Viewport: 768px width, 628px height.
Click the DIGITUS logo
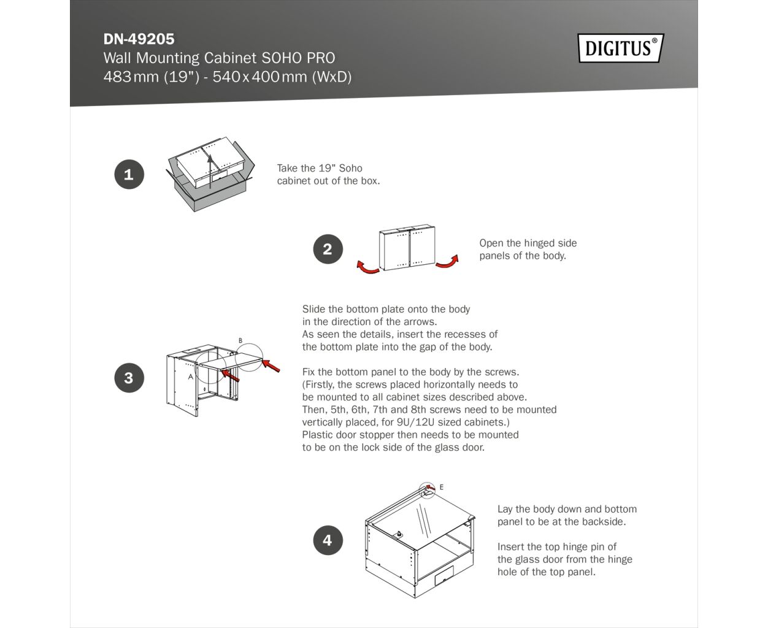coord(621,48)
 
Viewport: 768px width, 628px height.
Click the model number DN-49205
coord(139,39)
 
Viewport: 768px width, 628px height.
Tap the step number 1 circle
coord(129,174)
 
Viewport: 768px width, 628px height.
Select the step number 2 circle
coord(328,249)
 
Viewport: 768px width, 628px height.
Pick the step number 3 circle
coord(129,378)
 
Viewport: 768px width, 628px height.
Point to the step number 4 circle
coord(328,540)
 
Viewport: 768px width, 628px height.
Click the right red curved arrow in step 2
coord(448,263)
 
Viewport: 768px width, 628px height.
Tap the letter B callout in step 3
coord(240,340)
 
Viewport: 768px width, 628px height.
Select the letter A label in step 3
coord(190,377)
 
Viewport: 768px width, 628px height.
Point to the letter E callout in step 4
coord(441,487)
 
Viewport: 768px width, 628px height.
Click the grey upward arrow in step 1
coord(210,171)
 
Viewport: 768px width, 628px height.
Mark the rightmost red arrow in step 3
coord(271,366)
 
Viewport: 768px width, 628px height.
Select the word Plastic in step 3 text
coord(317,435)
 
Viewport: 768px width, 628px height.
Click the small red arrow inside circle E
coord(431,487)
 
